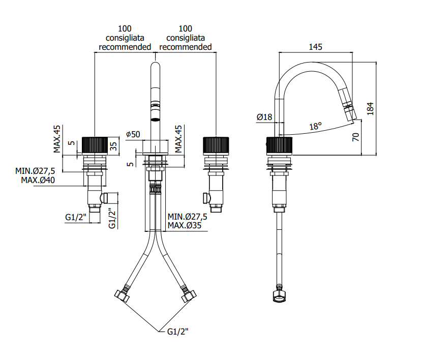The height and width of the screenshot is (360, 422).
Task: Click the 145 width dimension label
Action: pos(315,47)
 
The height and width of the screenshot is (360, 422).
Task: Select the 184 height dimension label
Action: pos(370,109)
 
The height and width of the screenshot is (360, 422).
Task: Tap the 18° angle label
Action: pos(315,126)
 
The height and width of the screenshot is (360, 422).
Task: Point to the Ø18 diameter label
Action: pos(264,117)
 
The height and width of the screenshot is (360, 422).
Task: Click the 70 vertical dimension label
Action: pos(355,137)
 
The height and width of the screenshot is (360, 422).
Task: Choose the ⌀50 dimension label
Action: pos(133,134)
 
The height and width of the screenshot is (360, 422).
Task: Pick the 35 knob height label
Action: pos(113,146)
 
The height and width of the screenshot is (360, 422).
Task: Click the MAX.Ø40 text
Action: pos(38,180)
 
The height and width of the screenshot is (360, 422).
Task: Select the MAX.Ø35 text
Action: pos(185,225)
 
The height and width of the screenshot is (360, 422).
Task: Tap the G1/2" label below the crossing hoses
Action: pos(177,332)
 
